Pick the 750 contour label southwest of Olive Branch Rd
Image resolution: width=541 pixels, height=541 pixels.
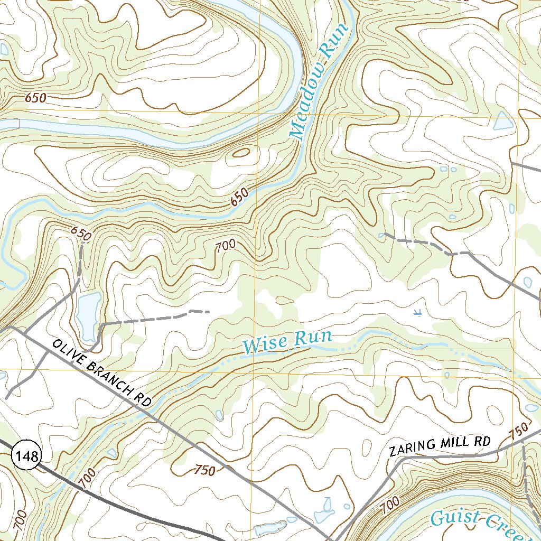tap(205, 470)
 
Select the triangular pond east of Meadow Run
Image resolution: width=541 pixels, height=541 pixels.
tap(502, 122)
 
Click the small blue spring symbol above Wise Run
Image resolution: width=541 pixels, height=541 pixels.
tap(417, 312)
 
